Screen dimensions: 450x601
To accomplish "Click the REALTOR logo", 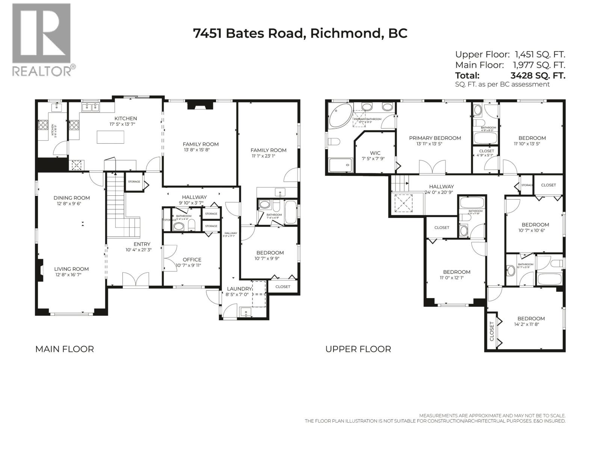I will (42, 39).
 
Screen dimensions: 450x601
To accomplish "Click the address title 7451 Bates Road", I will (300, 33).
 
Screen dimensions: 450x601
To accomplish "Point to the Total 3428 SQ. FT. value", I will (538, 75).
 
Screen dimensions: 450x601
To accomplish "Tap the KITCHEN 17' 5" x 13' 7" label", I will (125, 121).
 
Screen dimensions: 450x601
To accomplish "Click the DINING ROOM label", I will (71, 201).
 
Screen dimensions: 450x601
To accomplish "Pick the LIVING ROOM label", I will (71, 271).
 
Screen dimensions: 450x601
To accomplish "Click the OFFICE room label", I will (192, 262).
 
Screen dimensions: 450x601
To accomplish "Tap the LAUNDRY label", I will (239, 291).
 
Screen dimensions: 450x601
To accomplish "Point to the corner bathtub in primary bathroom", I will (339, 116).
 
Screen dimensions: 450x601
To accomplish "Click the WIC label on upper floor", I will (375, 156).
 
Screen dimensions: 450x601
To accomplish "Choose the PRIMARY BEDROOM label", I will (435, 141).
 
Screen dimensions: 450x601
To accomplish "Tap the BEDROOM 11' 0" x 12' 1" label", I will (456, 274).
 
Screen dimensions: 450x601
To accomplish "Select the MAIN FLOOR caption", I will (65, 349).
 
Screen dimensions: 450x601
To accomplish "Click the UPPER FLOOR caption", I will (358, 349).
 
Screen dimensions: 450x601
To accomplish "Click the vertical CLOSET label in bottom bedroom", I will (492, 331).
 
